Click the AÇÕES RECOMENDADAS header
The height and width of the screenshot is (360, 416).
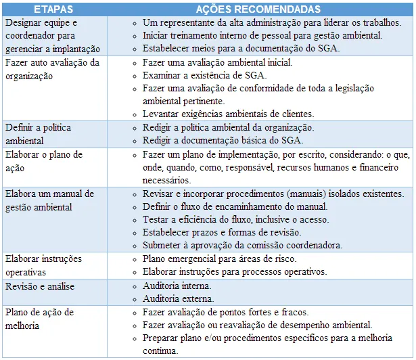258,9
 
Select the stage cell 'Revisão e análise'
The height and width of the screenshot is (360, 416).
40,286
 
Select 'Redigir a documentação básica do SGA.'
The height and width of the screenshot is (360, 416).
223,140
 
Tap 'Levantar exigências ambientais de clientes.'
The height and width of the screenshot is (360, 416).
229,114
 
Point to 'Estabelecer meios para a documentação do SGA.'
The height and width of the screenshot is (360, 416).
241,49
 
